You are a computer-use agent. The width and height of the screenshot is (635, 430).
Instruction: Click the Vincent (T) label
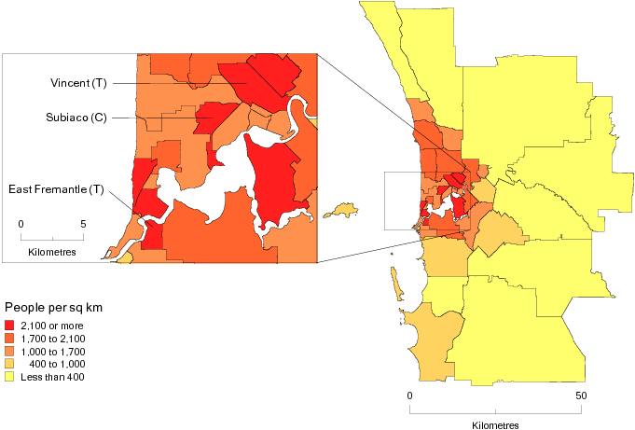(x=78, y=83)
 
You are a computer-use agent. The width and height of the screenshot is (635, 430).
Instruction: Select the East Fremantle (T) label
(x=55, y=189)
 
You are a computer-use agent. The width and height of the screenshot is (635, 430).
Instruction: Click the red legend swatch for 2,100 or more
(x=10, y=325)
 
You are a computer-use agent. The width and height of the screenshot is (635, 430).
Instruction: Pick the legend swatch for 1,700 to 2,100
(x=10, y=338)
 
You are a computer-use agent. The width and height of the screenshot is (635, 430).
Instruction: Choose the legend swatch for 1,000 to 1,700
(x=10, y=351)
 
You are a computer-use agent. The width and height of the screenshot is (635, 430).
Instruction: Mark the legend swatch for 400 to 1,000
(x=10, y=364)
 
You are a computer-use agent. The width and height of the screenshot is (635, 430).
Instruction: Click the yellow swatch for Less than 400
(x=10, y=377)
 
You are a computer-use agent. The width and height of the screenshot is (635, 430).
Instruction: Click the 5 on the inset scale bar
(x=83, y=223)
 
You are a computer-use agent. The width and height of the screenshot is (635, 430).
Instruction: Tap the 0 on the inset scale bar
(x=21, y=223)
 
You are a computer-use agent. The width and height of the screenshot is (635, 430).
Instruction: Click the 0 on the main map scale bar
(x=409, y=395)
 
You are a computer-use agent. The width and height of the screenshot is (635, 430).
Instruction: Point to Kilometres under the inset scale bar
(x=52, y=253)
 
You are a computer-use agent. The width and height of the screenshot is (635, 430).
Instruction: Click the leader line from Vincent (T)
(x=177, y=83)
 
